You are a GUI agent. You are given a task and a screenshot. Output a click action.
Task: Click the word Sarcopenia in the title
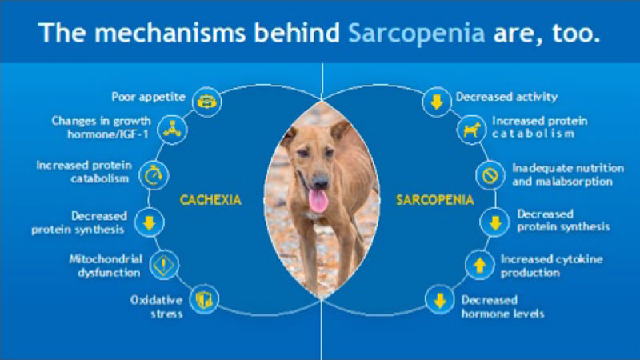416,34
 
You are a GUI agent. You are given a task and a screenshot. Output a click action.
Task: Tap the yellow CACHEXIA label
210,200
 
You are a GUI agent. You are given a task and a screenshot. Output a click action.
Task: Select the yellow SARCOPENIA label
435,200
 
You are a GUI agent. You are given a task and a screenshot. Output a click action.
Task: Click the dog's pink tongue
318,201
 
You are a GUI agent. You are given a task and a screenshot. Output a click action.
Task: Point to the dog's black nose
321,181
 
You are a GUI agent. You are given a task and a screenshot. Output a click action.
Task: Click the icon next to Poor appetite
207,102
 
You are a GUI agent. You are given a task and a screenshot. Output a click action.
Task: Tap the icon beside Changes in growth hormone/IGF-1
172,130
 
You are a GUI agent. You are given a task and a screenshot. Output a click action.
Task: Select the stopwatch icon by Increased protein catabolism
154,175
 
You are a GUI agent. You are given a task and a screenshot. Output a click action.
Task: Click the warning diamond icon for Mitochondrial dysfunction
164,265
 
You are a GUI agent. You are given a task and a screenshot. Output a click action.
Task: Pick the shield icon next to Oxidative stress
204,299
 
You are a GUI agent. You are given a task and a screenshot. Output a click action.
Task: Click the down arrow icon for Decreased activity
437,102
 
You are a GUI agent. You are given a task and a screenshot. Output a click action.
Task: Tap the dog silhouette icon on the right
472,130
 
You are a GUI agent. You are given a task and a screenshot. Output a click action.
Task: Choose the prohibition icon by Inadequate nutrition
490,175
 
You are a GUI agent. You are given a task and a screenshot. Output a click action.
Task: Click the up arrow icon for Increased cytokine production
480,265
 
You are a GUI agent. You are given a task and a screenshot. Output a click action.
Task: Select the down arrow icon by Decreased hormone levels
440,301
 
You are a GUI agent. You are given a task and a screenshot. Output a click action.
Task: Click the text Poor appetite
148,97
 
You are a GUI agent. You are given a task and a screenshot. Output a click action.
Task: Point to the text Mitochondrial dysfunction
106,266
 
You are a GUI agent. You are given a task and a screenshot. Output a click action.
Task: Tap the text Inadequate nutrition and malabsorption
568,174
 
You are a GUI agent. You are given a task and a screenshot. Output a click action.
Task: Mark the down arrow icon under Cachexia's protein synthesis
150,222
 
